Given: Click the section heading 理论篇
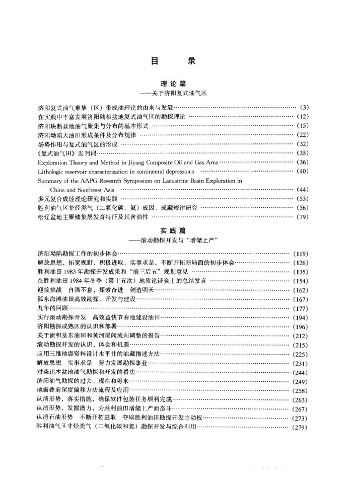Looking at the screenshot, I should [x=180, y=84].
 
